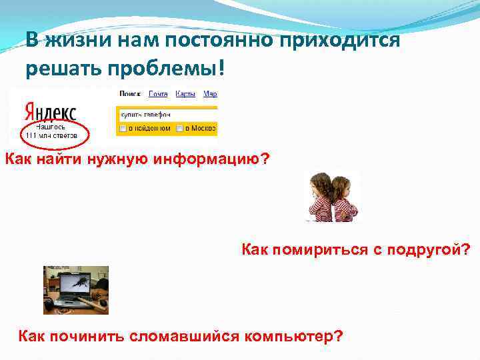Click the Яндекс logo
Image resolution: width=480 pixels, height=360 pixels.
(49, 111)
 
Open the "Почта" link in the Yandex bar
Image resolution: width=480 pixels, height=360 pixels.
(158, 94)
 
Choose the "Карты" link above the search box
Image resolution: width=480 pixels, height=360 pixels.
(187, 94)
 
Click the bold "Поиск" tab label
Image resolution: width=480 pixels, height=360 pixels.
(129, 94)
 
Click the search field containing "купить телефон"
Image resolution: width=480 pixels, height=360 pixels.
(167, 114)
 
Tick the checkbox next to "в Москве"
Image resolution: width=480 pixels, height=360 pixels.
(179, 127)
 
